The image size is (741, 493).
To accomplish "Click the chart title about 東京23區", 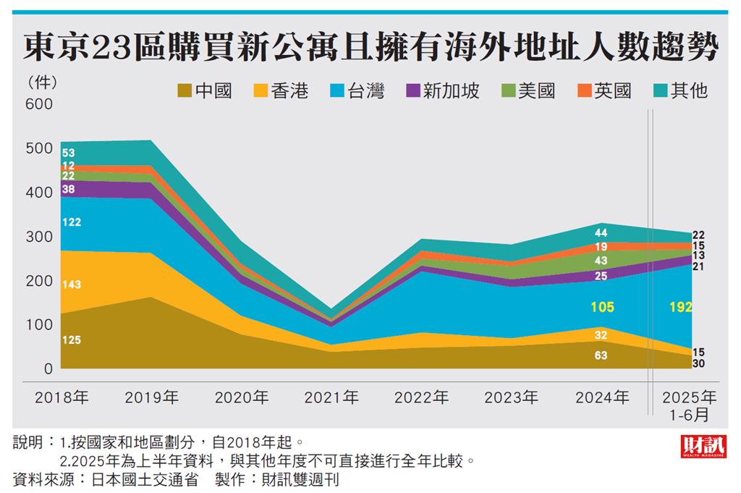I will click(x=370, y=48).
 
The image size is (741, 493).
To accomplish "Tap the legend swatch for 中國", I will click(x=185, y=91).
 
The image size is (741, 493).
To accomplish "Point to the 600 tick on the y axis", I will click(x=40, y=104).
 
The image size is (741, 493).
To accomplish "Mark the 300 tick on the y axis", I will click(x=40, y=237).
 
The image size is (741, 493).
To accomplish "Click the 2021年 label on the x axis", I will click(x=331, y=397).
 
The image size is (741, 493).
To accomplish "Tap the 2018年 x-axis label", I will click(x=62, y=397).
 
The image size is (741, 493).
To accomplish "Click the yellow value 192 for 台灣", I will click(x=680, y=307).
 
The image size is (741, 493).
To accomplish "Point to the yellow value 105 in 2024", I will click(x=601, y=308).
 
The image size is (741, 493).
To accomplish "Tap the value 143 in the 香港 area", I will click(x=71, y=285).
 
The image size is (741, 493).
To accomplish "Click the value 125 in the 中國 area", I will click(x=71, y=340).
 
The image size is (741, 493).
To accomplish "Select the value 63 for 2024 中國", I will click(x=601, y=355).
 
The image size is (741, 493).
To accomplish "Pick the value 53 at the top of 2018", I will click(x=69, y=153).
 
